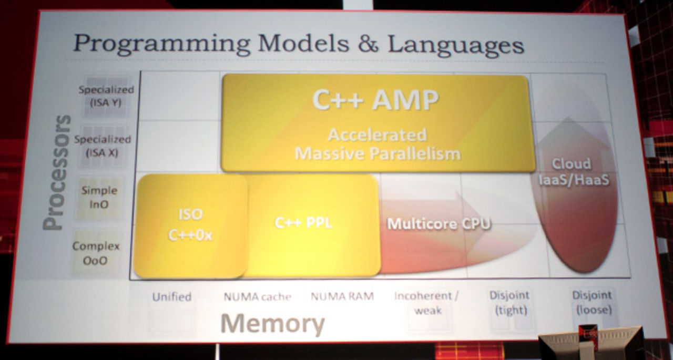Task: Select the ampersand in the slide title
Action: click(x=368, y=44)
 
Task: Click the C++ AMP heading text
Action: click(x=375, y=99)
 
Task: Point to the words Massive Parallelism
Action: click(x=377, y=154)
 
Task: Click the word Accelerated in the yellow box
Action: click(x=377, y=135)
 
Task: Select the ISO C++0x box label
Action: click(x=190, y=225)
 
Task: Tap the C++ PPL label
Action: click(x=303, y=223)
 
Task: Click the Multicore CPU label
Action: click(x=439, y=224)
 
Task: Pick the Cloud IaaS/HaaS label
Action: click(x=574, y=171)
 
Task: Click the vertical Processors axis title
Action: click(x=56, y=172)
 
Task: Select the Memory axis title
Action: click(x=272, y=324)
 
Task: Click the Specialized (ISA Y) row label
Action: click(x=106, y=96)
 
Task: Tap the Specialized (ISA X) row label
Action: click(x=103, y=146)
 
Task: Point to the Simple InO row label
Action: click(x=99, y=197)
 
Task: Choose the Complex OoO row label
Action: click(x=96, y=252)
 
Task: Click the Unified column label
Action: click(x=171, y=297)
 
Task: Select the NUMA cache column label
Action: click(x=257, y=297)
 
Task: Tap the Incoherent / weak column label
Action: click(x=426, y=303)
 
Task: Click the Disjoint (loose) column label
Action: click(x=592, y=302)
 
